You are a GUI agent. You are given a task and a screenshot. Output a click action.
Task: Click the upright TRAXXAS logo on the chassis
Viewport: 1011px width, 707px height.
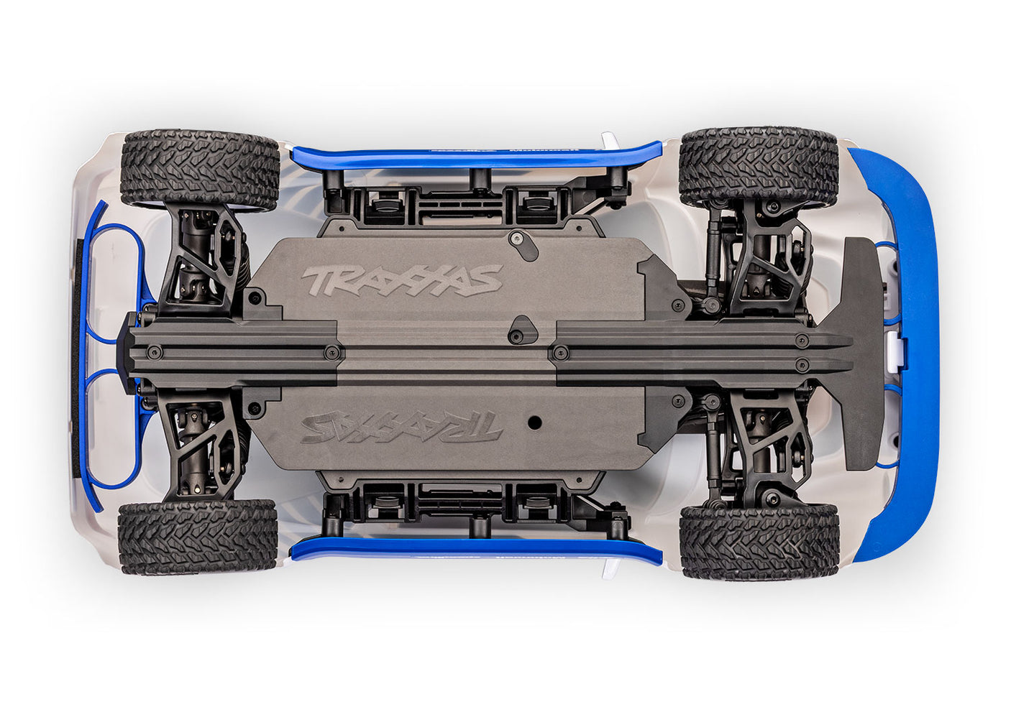tap(401, 279)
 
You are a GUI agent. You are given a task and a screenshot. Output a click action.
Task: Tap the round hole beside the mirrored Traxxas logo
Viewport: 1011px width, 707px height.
tap(533, 422)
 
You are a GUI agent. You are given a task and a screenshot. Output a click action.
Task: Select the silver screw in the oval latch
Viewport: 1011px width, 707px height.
tap(517, 238)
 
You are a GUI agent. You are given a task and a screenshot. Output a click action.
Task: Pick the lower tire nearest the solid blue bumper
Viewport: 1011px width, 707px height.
tap(758, 541)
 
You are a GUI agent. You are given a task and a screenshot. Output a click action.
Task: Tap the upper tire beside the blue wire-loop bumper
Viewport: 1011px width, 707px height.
tap(200, 170)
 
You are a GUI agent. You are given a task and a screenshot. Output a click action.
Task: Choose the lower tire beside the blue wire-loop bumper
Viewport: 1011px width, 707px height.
tap(198, 537)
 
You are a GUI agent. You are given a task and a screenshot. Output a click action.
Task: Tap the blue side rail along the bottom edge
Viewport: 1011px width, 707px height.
tap(475, 550)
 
